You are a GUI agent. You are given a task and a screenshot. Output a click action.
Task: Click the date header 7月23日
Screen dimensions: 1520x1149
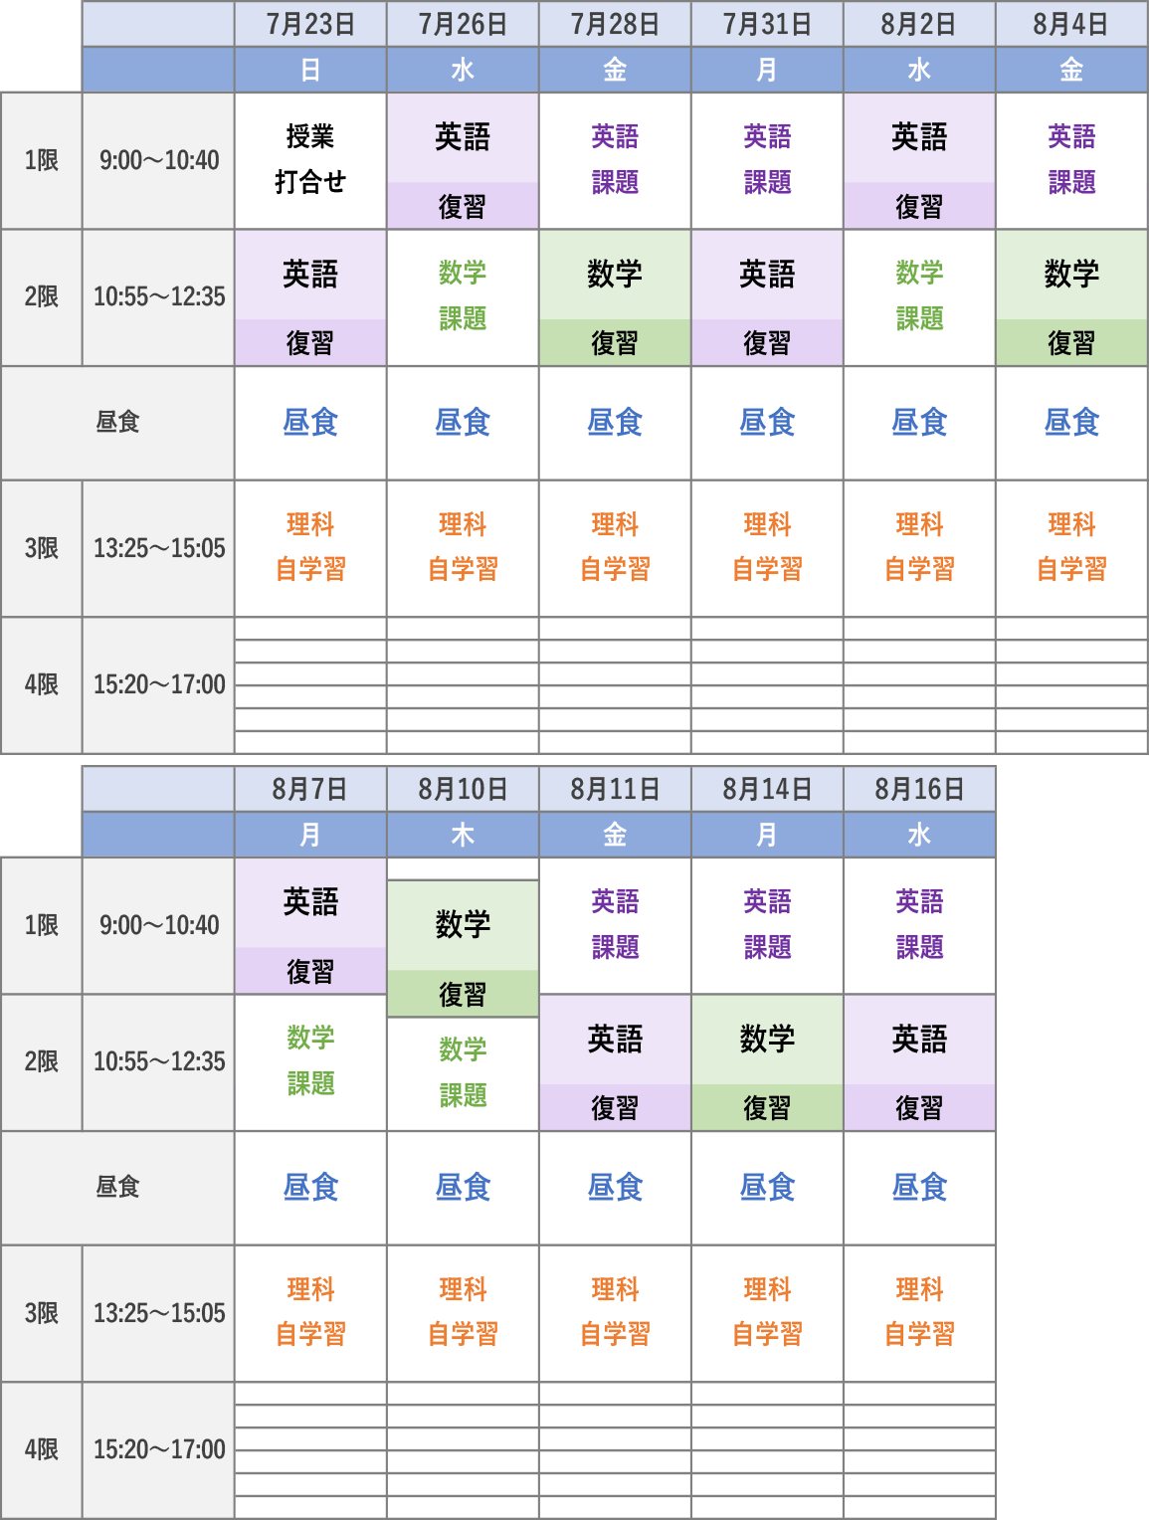click(x=310, y=24)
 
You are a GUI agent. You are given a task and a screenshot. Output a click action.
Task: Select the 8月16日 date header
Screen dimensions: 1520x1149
click(x=919, y=789)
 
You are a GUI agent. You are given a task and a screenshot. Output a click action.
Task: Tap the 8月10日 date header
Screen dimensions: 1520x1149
click(x=463, y=789)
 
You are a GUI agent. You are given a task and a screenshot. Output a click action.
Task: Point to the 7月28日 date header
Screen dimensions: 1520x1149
click(x=615, y=24)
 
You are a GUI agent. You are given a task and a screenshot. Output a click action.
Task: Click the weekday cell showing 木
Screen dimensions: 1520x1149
click(x=463, y=835)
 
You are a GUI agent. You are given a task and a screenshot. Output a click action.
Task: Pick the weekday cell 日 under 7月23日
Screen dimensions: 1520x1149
click(x=310, y=70)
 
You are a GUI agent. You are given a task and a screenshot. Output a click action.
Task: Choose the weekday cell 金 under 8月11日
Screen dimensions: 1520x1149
click(x=615, y=835)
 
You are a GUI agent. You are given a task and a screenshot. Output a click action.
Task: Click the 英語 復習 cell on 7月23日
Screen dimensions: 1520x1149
click(x=310, y=298)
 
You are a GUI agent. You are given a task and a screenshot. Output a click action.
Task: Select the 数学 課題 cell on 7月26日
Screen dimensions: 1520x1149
click(x=463, y=296)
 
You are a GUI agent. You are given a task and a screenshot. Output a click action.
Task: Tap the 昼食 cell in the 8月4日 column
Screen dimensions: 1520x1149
click(x=1071, y=423)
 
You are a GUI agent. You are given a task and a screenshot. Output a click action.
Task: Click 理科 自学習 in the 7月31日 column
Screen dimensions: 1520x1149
click(x=767, y=547)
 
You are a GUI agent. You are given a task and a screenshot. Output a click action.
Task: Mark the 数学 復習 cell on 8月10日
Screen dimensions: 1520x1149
click(x=463, y=949)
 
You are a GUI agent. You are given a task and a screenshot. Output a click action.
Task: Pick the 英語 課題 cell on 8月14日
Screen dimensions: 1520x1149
click(x=767, y=925)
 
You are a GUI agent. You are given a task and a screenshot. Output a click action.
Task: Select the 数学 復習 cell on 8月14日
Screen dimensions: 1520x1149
click(x=767, y=1062)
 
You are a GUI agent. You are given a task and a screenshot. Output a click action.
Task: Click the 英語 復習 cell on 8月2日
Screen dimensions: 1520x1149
click(x=919, y=161)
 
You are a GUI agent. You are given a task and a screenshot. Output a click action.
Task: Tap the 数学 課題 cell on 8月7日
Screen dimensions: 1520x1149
click(x=310, y=1061)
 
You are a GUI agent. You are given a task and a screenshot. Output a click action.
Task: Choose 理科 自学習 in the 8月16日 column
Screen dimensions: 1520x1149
click(x=919, y=1312)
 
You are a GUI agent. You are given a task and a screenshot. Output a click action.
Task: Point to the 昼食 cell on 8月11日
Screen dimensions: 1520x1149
click(x=615, y=1188)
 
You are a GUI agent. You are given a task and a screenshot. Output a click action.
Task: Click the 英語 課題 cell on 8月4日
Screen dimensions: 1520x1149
click(x=1071, y=160)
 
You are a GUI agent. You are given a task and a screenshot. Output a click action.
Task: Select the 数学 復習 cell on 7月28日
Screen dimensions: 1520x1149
click(x=615, y=298)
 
